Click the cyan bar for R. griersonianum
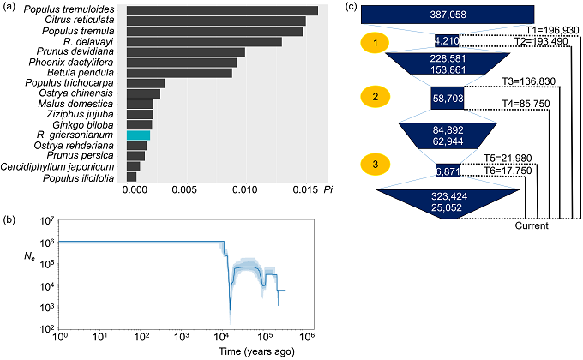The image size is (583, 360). pos(138,135)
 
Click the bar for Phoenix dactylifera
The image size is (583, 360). pos(182,63)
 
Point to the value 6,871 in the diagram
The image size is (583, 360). pos(448,171)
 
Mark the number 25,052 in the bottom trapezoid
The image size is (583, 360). pos(448,207)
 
